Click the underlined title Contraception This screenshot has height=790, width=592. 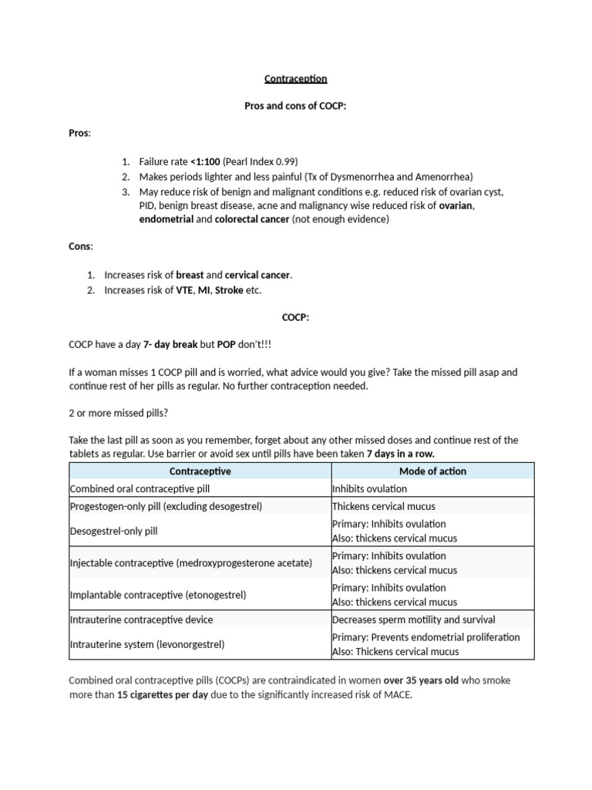click(296, 79)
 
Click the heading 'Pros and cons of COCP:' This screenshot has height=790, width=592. click(295, 106)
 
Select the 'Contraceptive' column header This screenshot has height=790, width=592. click(200, 471)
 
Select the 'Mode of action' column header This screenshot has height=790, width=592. click(432, 471)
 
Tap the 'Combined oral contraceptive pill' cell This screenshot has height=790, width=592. click(140, 489)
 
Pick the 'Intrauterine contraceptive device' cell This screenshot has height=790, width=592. click(141, 620)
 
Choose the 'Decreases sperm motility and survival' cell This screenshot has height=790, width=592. click(413, 620)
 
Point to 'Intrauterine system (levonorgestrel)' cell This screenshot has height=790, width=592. click(147, 643)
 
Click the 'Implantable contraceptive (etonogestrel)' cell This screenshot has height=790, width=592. click(158, 595)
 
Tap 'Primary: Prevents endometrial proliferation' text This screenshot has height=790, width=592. click(425, 637)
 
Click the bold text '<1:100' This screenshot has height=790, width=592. click(206, 162)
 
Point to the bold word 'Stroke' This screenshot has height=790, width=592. click(228, 290)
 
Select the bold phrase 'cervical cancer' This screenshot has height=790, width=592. click(258, 275)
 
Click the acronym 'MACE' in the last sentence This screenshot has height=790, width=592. click(399, 694)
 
